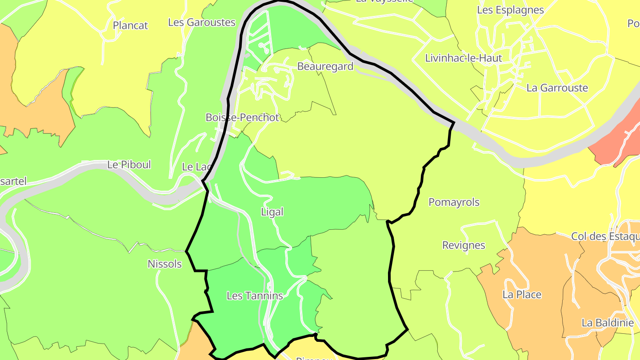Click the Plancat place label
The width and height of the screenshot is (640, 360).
130,25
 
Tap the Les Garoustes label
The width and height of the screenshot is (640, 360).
202,22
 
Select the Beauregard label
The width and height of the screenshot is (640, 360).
325,67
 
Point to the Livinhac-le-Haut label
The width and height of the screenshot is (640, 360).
464,58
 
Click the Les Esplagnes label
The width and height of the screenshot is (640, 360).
510,10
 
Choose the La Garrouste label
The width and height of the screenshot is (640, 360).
557,88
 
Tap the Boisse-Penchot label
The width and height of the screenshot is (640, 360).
242,117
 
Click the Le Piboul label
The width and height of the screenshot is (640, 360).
129,165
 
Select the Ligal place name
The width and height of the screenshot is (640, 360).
272,212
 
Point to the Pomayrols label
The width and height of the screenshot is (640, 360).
454,202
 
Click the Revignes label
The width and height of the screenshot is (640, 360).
464,245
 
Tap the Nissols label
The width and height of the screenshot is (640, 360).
164,264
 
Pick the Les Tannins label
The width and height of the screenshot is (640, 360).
255,296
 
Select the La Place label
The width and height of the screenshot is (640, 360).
522,294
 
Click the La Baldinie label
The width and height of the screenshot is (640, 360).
608,323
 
